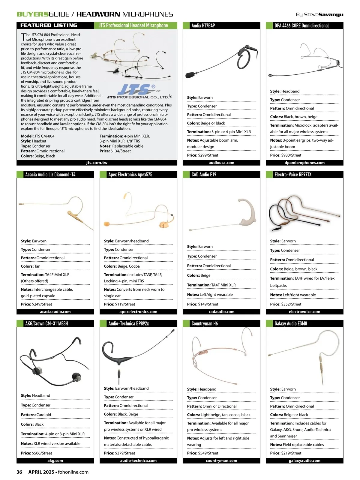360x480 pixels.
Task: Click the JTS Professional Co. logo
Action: point(138,91)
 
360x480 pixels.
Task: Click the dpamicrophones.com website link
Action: point(304,163)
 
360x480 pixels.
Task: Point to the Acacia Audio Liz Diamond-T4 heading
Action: point(50,175)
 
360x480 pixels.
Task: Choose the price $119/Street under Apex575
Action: point(119,304)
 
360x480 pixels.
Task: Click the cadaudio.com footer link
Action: point(221,312)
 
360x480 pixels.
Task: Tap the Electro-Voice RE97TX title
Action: point(293,175)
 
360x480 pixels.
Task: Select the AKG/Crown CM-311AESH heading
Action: point(46,324)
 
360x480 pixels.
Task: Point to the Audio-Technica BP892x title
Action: point(129,324)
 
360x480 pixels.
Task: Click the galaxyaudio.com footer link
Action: point(304,460)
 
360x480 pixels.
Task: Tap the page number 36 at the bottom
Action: point(19,472)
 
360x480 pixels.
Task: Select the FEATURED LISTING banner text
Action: point(49,25)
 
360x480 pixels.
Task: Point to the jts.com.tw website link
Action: point(97,163)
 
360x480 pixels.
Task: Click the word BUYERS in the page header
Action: point(32,14)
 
